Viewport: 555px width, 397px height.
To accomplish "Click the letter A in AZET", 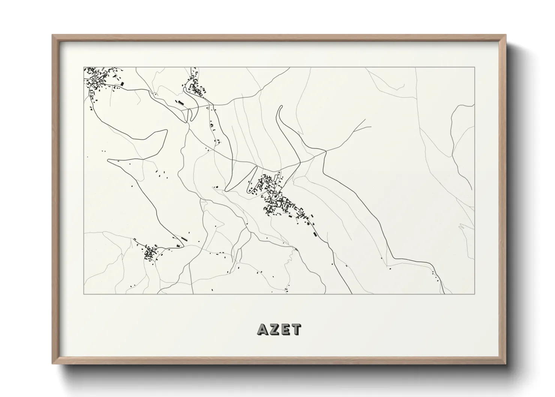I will [262, 329].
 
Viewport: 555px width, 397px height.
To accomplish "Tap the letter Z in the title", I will [274, 329].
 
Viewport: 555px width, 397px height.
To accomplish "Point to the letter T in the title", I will [296, 329].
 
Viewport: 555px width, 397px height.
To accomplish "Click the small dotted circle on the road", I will [155, 93].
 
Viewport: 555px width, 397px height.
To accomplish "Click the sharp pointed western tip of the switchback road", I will [108, 160].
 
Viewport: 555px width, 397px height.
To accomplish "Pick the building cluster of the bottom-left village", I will [150, 253].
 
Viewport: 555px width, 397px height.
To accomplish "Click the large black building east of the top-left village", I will [121, 84].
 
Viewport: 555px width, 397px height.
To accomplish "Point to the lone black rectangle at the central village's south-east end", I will [315, 234].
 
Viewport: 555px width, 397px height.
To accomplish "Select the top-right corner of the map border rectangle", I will [474, 67].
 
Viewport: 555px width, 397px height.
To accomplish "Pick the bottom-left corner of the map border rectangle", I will [84, 294].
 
